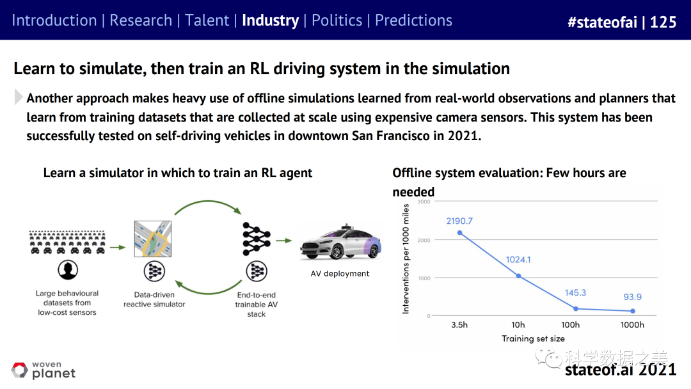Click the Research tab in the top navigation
coord(141,20)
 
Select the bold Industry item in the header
coord(270,20)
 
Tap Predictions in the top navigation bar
coord(413,20)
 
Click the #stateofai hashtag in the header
coord(603,22)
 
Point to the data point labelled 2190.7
coord(459,233)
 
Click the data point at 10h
coord(519,276)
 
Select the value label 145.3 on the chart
coord(575,292)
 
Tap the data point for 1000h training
coord(633,311)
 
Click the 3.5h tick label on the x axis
coord(459,324)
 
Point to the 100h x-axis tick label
coord(570,324)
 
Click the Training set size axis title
coord(533,338)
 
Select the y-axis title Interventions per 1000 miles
coord(406,258)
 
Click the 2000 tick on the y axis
coord(424,240)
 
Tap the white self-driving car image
coord(340,242)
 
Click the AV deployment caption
coord(340,274)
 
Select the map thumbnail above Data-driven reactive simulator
coord(153,239)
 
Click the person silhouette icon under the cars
coord(68,269)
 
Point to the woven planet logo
coord(44,370)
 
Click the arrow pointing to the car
coord(284,241)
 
